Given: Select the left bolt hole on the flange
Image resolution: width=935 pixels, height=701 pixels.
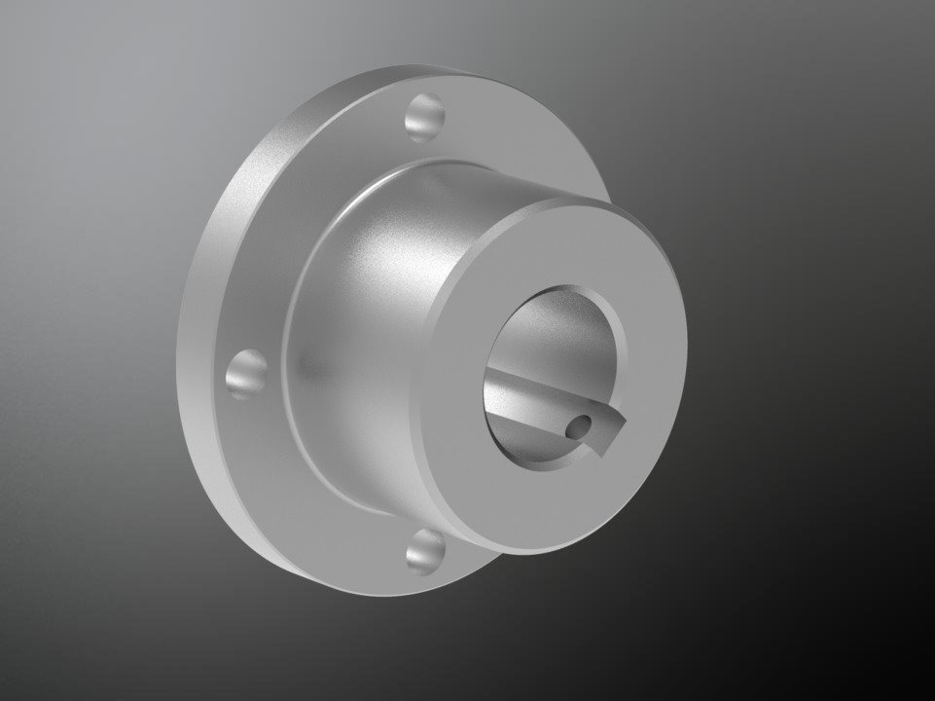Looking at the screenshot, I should pyautogui.click(x=246, y=374).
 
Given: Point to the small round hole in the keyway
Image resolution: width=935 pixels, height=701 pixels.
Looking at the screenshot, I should pyautogui.click(x=580, y=424).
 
